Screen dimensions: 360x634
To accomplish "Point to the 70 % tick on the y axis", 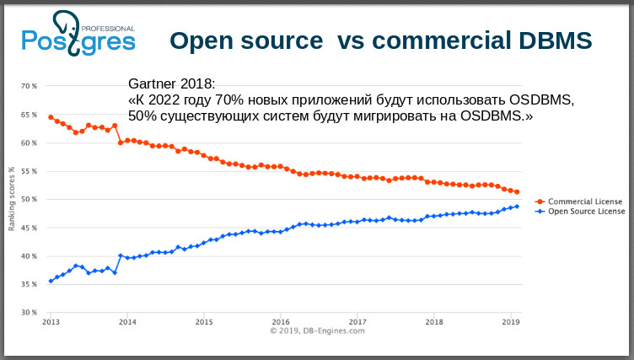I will point(29,86).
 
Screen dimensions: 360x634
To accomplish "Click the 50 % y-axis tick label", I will point(29,200).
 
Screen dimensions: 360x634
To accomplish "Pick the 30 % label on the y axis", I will point(29,313).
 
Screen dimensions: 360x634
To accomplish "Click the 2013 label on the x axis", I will point(51,322).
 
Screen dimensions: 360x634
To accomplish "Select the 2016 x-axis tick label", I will point(281,322).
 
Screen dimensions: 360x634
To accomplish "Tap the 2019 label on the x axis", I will point(511,322).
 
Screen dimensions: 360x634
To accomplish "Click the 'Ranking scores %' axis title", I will point(12,199).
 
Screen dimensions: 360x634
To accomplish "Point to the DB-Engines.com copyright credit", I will point(317,331).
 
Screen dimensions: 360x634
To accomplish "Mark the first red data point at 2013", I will point(51,117).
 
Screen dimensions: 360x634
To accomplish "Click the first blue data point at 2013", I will point(51,281).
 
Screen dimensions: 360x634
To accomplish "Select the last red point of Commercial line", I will point(517,192).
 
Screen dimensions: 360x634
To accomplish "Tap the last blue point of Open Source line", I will point(517,207).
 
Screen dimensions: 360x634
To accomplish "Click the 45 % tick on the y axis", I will point(29,228).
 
